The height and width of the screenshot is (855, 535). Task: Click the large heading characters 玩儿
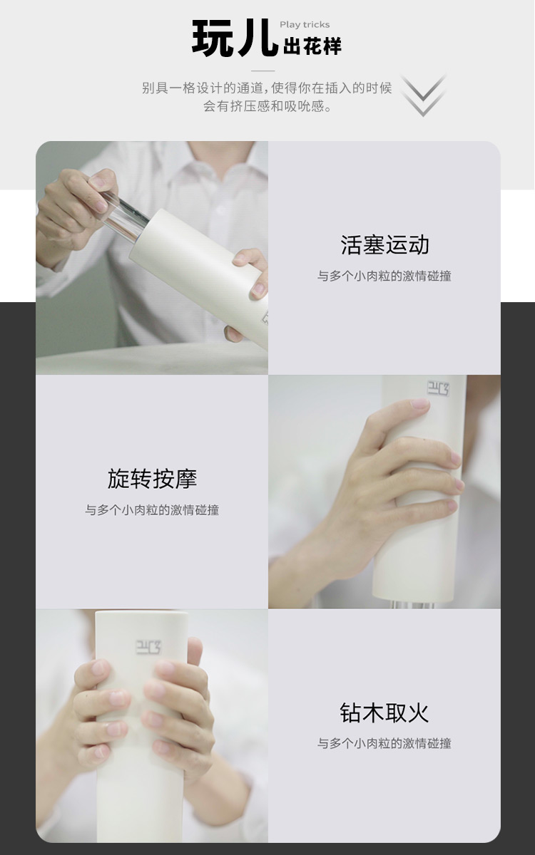(235, 38)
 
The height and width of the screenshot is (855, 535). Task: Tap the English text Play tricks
(305, 25)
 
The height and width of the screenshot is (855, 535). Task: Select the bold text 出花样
(312, 46)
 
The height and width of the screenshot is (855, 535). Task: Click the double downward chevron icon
(424, 95)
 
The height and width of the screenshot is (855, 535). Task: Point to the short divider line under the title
(263, 71)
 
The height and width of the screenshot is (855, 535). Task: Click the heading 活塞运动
(384, 244)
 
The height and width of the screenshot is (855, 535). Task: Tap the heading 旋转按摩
(152, 479)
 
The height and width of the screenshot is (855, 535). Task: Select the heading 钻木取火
(384, 712)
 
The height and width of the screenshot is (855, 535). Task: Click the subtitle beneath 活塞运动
(384, 276)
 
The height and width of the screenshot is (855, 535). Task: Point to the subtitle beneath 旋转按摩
(152, 509)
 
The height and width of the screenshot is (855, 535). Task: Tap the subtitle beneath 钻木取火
(384, 743)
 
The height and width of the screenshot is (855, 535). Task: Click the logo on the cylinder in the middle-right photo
(438, 388)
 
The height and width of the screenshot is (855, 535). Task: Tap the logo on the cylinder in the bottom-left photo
(148, 648)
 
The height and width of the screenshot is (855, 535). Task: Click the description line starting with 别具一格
(267, 88)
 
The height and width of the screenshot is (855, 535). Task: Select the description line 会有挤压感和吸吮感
(267, 106)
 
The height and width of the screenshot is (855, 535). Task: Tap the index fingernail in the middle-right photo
(419, 403)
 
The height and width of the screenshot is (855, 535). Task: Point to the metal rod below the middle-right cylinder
(413, 604)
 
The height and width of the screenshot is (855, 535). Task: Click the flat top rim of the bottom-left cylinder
(142, 613)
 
